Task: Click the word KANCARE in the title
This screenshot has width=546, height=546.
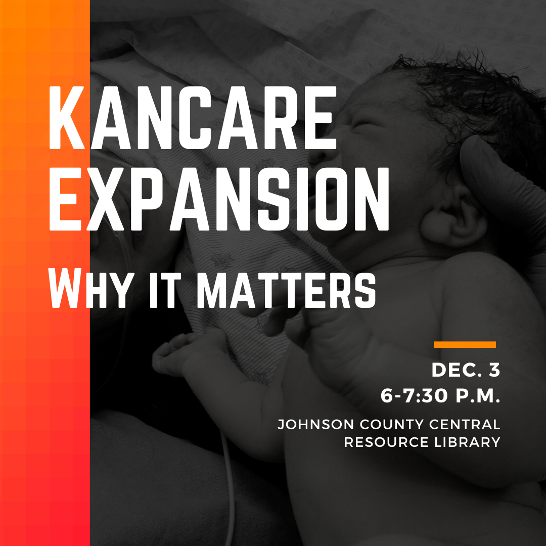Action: click(193, 118)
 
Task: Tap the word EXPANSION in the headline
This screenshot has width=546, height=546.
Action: click(219, 199)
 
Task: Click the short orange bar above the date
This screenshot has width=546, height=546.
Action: click(465, 345)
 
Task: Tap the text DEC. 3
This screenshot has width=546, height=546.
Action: click(466, 370)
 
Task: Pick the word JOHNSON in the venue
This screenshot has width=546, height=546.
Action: click(316, 425)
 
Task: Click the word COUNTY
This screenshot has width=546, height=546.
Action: click(392, 425)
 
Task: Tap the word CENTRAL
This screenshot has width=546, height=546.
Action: click(465, 425)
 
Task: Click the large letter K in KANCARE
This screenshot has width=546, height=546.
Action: click(67, 118)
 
